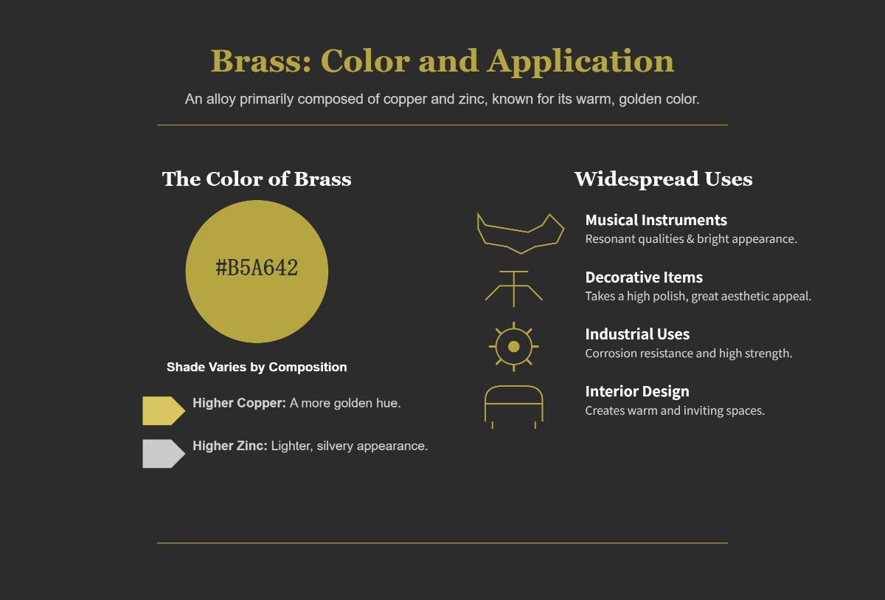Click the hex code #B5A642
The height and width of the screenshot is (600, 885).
coord(257,268)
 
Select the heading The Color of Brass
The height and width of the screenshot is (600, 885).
coord(257,179)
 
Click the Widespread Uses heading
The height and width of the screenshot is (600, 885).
coord(663,179)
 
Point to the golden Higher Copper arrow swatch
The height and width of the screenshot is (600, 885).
coord(163,411)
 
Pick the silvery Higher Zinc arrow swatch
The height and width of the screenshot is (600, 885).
coord(163,454)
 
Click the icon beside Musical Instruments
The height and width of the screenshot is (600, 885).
coord(520,232)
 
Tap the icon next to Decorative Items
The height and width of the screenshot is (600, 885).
coord(514,289)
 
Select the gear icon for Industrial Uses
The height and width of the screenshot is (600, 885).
coord(514,346)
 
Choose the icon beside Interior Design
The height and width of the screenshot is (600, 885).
coord(514,406)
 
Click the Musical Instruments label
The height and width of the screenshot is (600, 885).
coord(656,220)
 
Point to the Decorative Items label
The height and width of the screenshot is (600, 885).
coord(644,277)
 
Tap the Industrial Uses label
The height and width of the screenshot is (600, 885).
coord(637,334)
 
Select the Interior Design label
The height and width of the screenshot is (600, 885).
coord(637,392)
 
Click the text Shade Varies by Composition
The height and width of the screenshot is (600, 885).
coord(257,368)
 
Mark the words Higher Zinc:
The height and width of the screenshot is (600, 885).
coord(230,446)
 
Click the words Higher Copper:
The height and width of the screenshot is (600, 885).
coord(239,403)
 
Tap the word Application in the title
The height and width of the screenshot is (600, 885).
coord(580,61)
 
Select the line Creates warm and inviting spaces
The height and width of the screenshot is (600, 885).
coord(675,411)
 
